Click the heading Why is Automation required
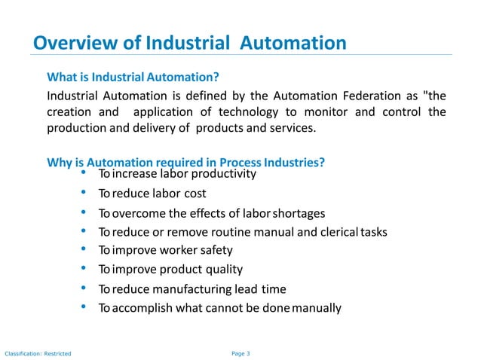185,162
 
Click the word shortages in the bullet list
298,212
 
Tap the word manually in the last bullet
317,307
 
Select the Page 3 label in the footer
239,352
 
